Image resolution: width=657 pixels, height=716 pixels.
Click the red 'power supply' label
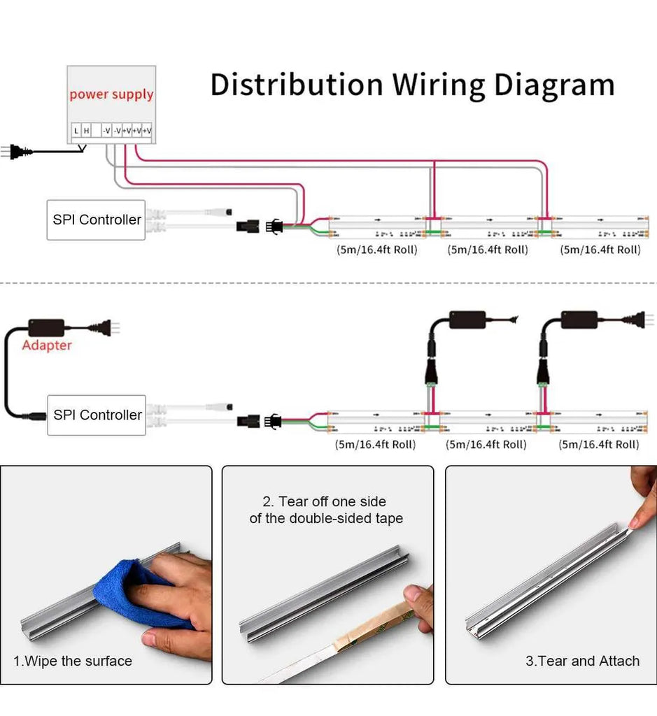111,94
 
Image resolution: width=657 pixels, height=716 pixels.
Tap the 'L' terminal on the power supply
76,130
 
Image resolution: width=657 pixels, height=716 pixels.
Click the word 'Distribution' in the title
296,85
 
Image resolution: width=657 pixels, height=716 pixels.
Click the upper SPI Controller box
97,220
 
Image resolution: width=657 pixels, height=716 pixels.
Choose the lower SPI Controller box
97,415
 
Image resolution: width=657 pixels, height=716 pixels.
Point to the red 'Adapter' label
47,345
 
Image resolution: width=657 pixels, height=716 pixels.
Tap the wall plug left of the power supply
17,151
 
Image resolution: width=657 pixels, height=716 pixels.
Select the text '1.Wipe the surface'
73,661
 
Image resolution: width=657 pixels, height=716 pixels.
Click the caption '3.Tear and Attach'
582,661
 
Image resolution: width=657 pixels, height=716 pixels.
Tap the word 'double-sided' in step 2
335,518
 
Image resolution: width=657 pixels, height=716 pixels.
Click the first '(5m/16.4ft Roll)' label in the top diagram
376,250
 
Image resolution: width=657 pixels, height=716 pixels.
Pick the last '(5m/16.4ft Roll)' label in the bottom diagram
599,444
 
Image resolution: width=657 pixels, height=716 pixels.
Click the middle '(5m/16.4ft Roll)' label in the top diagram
488,250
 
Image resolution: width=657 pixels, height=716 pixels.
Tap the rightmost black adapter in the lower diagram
579,320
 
